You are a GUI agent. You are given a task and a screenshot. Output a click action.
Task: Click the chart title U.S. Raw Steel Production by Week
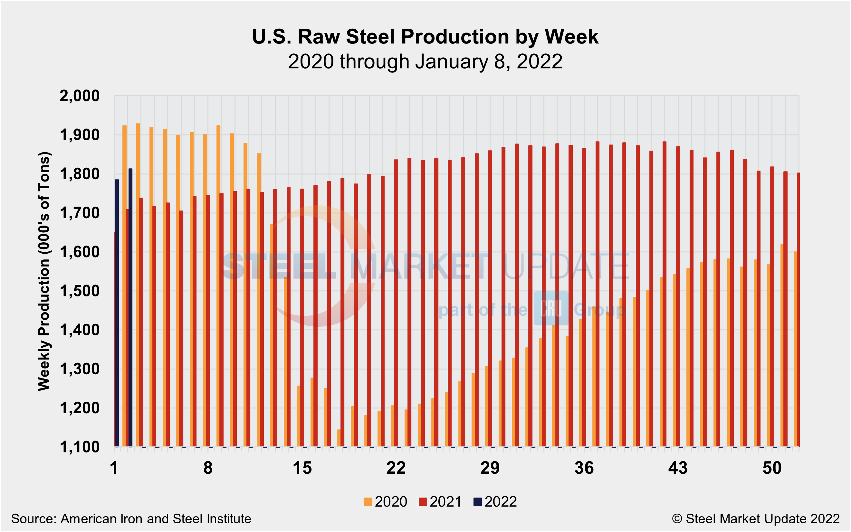coord(425,37)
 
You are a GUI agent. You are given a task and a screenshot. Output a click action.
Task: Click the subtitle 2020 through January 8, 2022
coord(425,61)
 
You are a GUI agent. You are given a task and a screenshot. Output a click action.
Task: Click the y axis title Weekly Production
coord(44,271)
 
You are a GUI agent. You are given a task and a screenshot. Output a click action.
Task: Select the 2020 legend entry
coord(386,502)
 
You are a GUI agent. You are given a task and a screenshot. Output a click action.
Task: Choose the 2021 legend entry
coord(440,502)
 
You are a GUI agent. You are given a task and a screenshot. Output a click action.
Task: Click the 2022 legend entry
coord(495,502)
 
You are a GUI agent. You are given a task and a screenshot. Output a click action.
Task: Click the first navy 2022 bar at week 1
coord(117,313)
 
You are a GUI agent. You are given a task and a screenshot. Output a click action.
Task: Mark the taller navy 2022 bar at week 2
coord(130,308)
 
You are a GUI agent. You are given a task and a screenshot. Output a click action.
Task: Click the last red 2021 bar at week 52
coord(798,310)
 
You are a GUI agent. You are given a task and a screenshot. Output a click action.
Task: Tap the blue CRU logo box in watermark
coord(551,308)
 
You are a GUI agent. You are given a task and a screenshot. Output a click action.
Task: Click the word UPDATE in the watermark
coord(566,266)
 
